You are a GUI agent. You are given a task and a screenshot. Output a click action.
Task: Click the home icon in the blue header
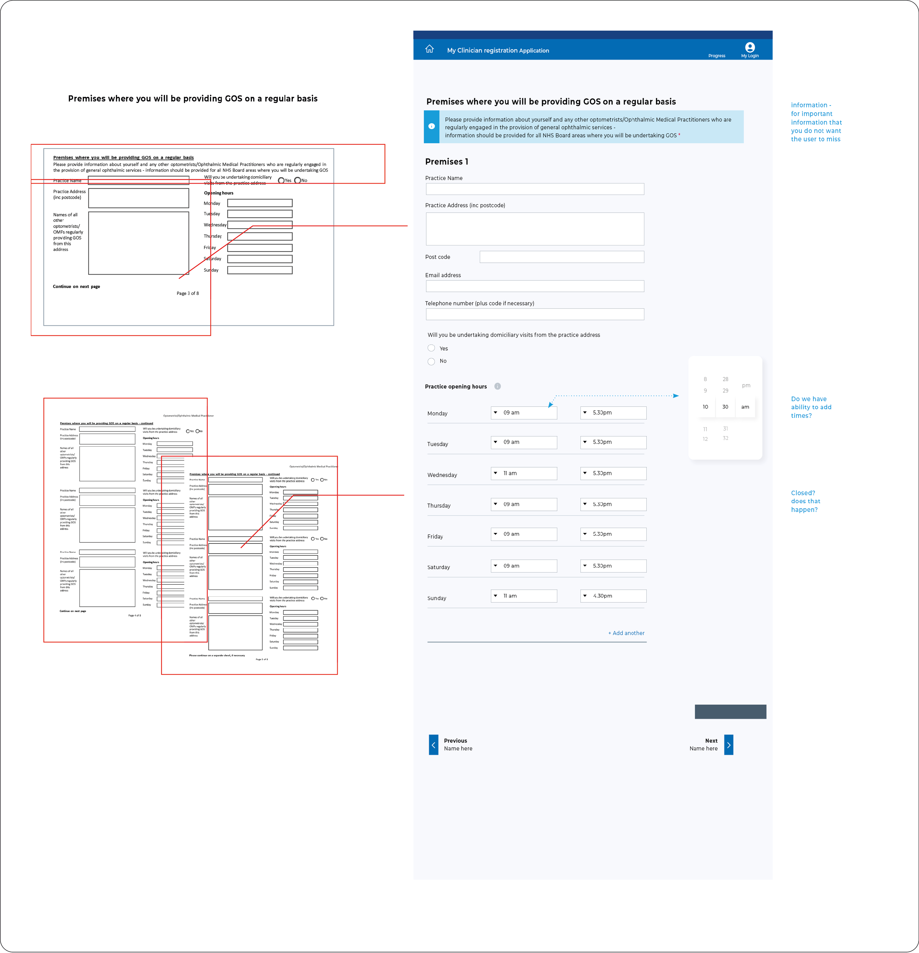429,49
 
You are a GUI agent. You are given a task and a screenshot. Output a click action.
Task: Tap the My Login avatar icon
750,47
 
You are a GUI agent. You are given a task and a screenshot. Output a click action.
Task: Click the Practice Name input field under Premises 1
535,189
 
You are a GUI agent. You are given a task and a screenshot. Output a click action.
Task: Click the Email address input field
535,286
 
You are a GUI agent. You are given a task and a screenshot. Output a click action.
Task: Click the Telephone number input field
535,314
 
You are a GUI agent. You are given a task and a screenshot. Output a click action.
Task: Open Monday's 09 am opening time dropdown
524,413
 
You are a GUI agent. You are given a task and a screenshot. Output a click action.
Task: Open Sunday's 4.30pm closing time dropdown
613,596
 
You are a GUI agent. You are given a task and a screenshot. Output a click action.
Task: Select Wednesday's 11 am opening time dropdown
524,474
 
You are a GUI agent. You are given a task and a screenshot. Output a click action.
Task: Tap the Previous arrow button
433,745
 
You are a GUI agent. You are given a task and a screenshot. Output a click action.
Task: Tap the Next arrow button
728,745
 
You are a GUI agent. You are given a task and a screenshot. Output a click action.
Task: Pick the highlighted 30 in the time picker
725,407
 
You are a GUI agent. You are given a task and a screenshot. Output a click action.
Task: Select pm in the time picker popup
746,385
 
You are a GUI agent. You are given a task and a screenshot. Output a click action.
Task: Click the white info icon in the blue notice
431,126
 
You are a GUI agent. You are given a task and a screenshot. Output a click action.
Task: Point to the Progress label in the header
716,56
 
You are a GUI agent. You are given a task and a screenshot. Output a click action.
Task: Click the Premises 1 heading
446,162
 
